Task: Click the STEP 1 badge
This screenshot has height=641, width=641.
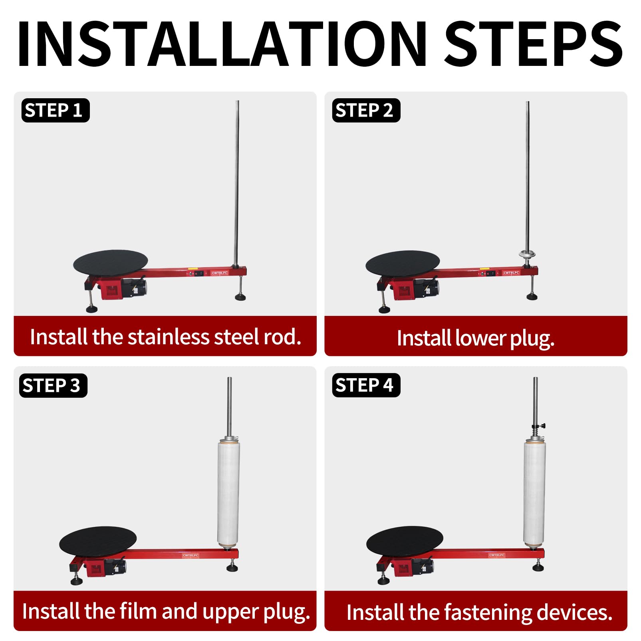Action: pos(56,110)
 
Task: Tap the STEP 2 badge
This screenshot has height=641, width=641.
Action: pos(366,110)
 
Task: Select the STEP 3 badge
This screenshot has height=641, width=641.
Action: pos(53,385)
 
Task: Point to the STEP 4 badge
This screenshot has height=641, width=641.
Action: pos(366,385)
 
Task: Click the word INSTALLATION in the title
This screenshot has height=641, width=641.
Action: pos(222,43)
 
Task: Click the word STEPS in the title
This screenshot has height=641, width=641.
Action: pos(534,43)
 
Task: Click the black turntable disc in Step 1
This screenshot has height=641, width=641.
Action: pos(111,262)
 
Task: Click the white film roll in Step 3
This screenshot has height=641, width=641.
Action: pos(228,494)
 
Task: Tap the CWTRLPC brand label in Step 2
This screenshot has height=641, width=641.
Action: pos(511,273)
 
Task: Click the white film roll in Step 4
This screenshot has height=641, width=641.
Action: pos(535,494)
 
